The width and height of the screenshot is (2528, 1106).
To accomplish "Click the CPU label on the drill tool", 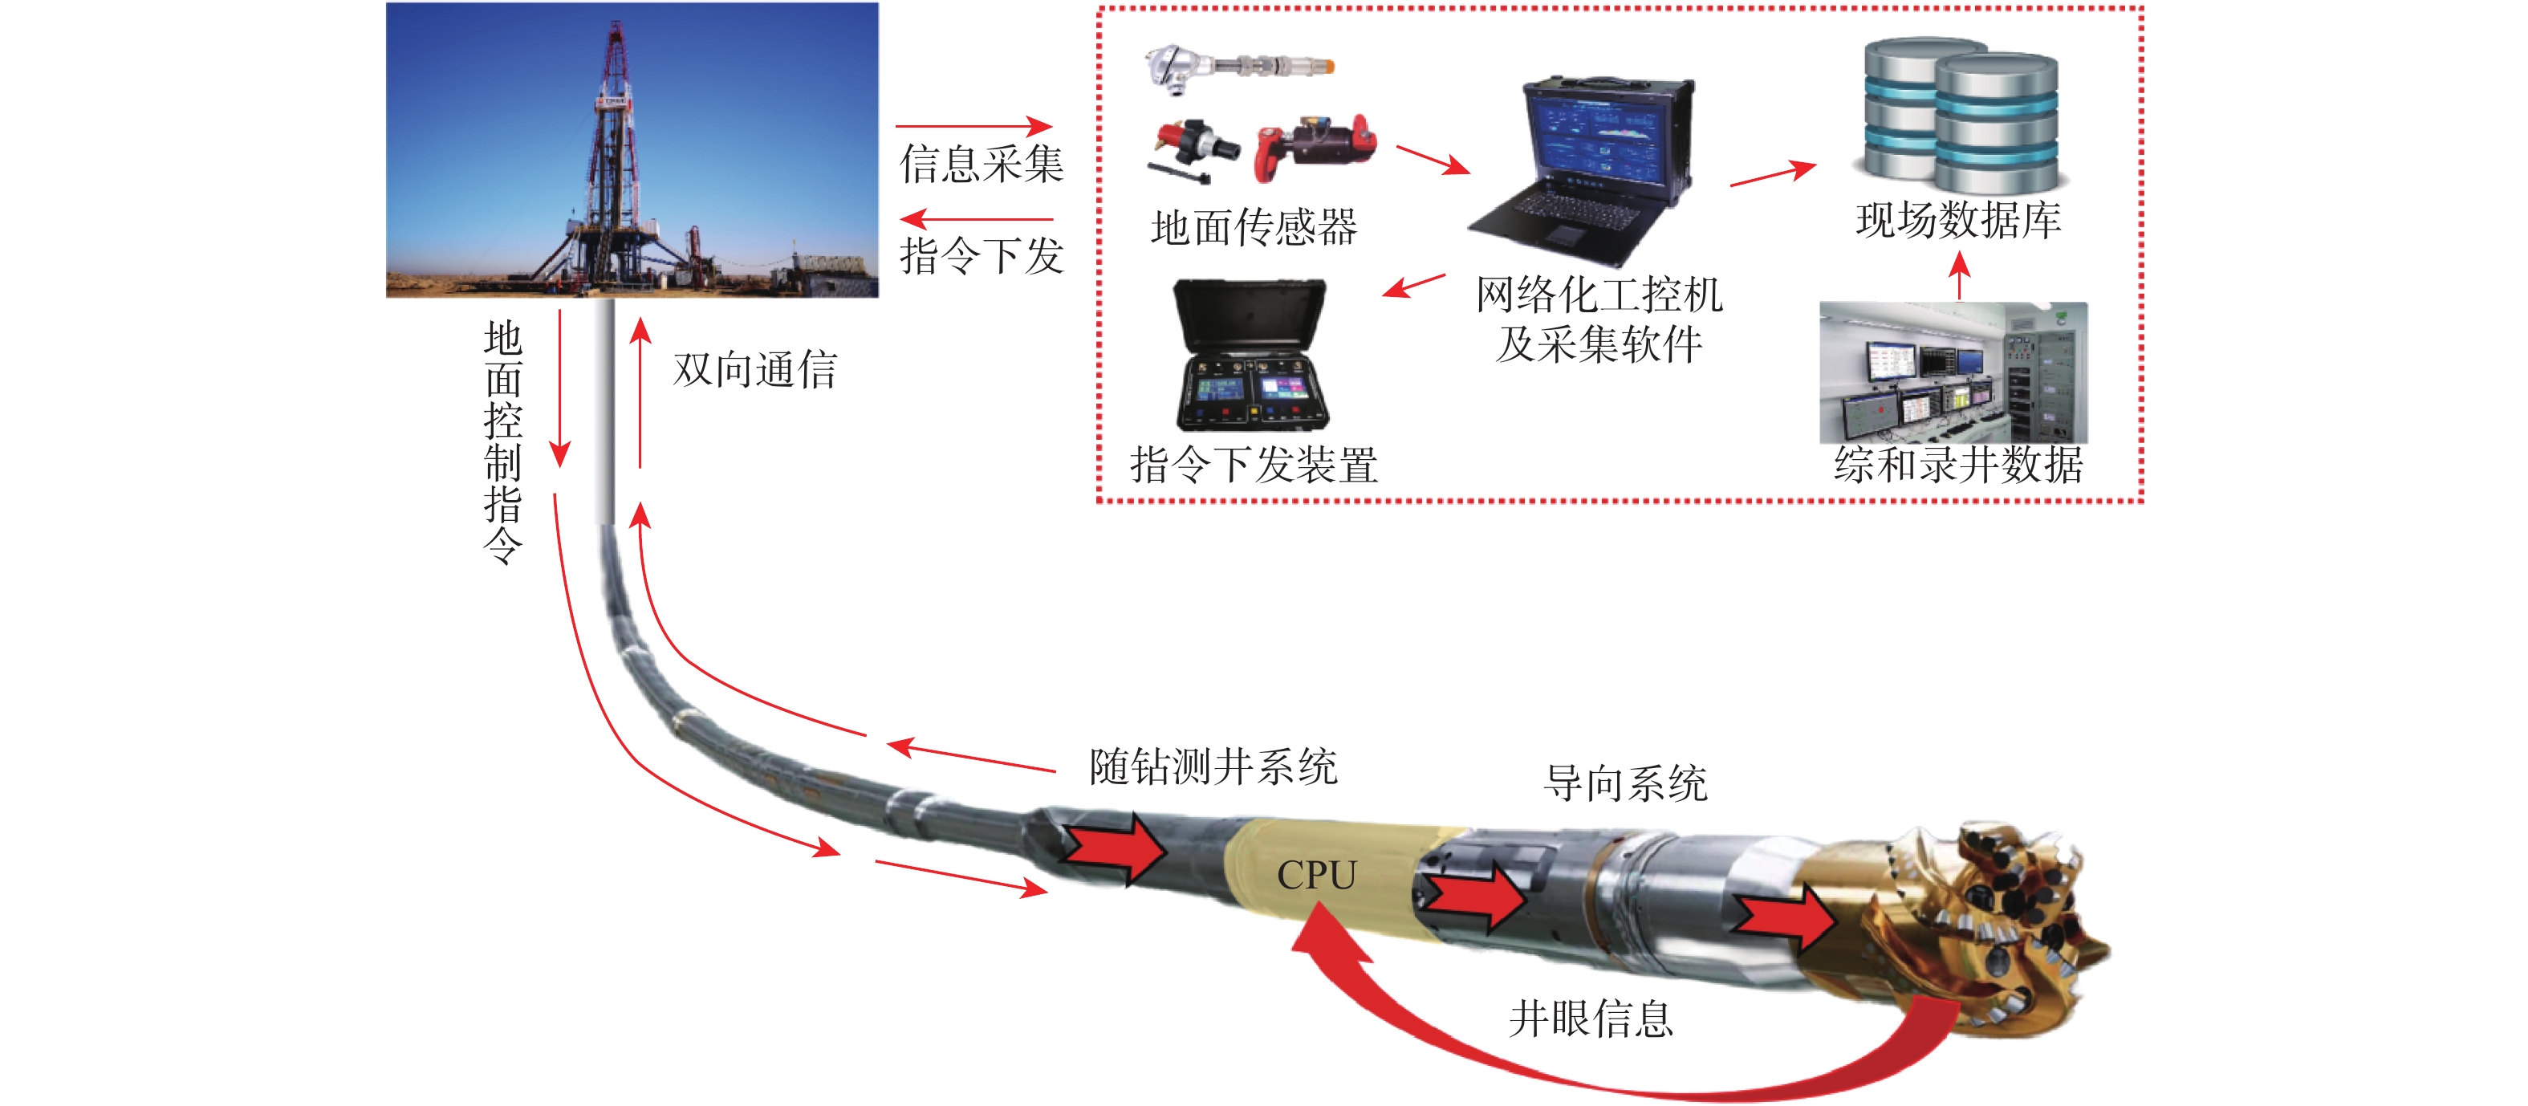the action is tap(1316, 874).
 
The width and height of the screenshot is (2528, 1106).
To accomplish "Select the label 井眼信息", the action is tap(1591, 1019).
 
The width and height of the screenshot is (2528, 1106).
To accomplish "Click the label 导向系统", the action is tap(1625, 783).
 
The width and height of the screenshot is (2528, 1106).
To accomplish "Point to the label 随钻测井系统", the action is tap(1213, 766).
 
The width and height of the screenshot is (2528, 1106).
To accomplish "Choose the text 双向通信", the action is tap(754, 369).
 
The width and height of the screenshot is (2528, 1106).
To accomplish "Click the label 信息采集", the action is tap(982, 163).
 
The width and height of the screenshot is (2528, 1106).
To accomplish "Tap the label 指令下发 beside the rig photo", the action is tap(982, 255).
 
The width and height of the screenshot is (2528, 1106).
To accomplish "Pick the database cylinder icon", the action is tap(1961, 115).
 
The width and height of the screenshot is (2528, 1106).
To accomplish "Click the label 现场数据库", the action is tap(1959, 220).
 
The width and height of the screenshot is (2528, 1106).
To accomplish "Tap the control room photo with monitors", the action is tap(1953, 373).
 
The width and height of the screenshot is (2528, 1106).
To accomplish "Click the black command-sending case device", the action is tap(1251, 356).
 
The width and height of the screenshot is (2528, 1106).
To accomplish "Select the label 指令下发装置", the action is tap(1254, 464).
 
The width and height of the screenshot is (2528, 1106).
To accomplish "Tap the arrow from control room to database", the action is tap(1959, 276).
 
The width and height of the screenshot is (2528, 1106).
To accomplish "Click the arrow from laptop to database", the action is tap(1772, 173).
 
